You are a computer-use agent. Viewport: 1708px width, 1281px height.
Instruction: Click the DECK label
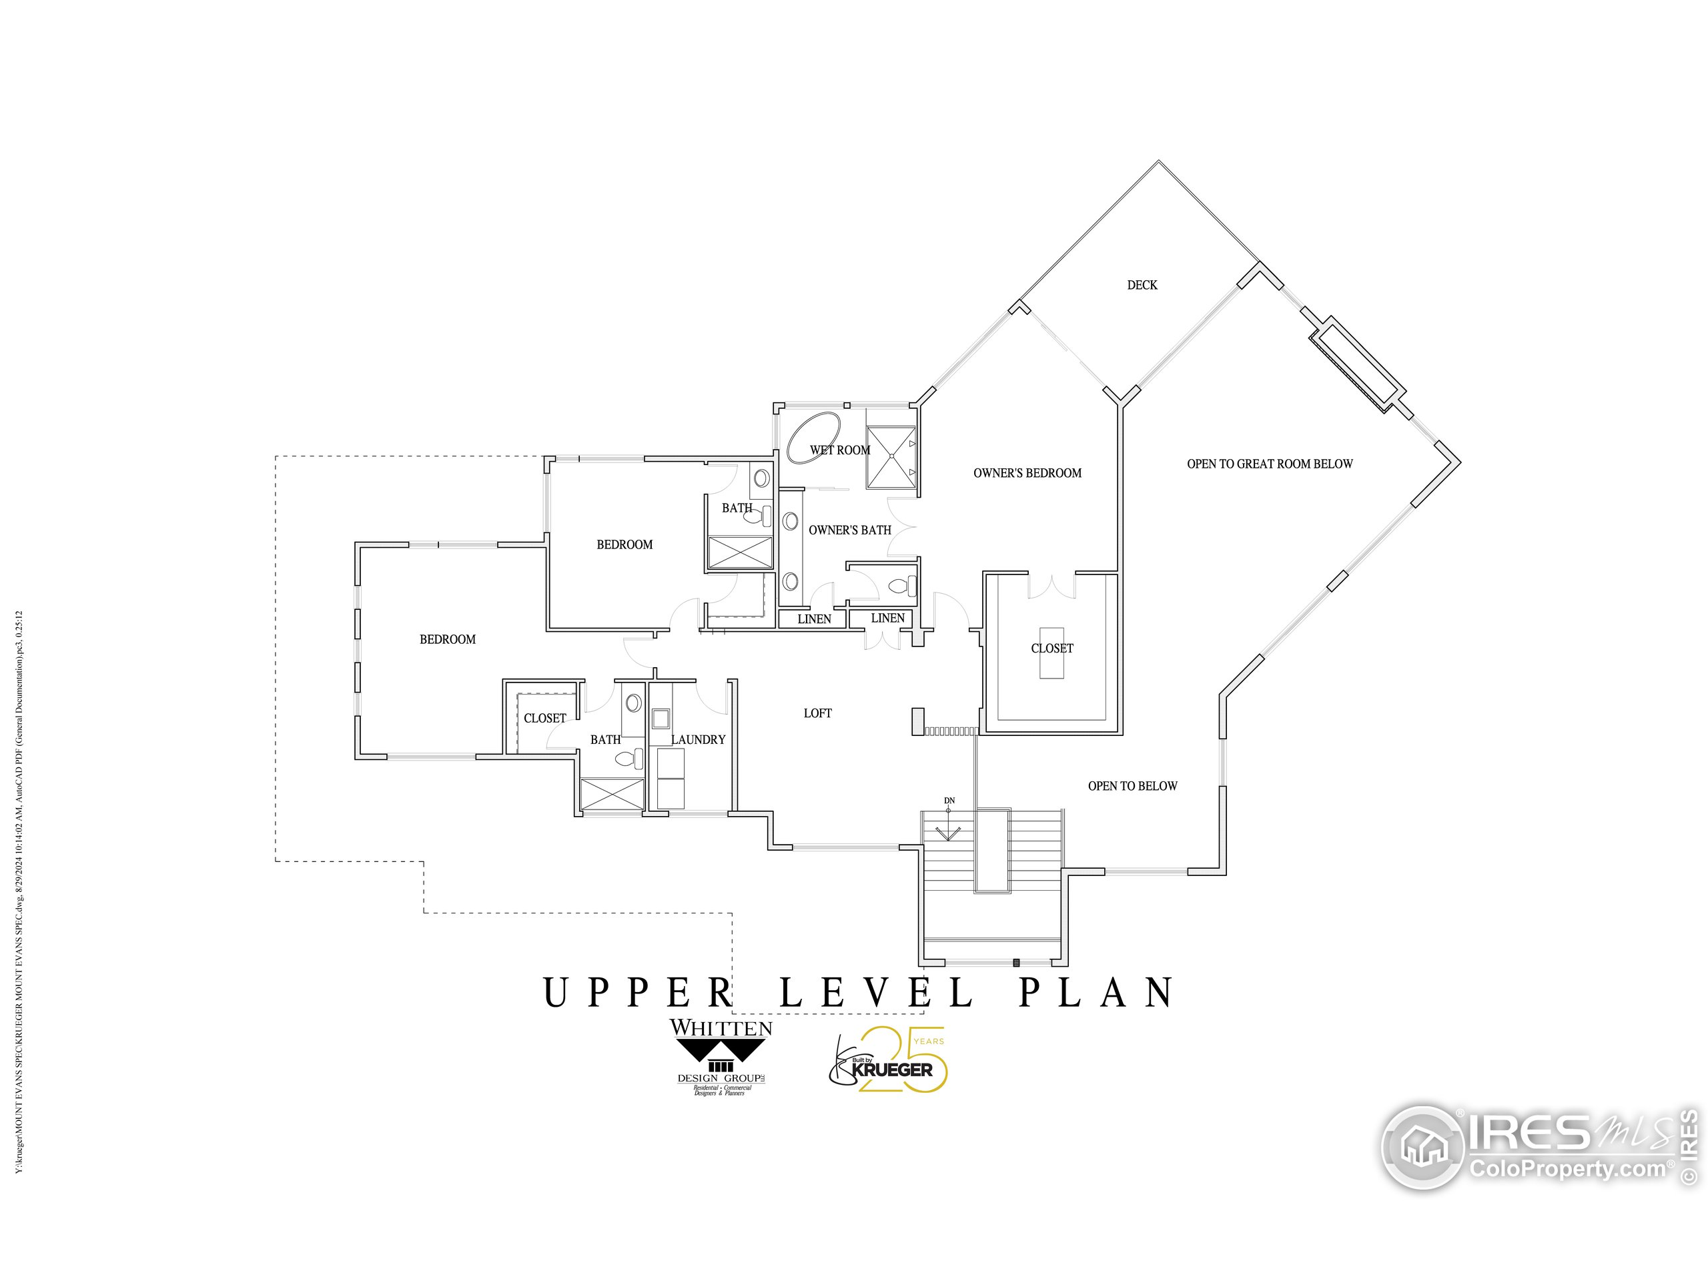pos(1142,285)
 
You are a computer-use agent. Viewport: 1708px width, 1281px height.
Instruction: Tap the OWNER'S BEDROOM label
pos(1027,472)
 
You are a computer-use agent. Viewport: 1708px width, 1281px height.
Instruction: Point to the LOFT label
pos(817,713)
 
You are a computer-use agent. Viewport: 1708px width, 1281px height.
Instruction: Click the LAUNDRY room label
pos(697,739)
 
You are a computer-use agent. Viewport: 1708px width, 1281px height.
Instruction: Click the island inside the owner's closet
pos(1051,653)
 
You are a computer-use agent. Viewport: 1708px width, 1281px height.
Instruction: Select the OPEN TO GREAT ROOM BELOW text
pos(1270,463)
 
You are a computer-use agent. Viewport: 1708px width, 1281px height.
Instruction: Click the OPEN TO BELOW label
pos(1132,785)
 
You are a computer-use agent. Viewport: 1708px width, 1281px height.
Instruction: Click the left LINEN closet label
pos(814,618)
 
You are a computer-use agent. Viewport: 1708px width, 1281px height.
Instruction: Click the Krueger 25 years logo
pos(888,1060)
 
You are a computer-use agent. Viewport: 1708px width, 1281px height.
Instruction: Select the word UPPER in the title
pos(638,992)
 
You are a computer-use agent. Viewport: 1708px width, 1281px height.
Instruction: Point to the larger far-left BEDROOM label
pos(447,638)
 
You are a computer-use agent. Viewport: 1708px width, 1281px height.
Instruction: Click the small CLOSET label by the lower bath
pos(544,717)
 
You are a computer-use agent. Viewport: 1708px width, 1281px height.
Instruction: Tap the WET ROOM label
pos(839,450)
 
